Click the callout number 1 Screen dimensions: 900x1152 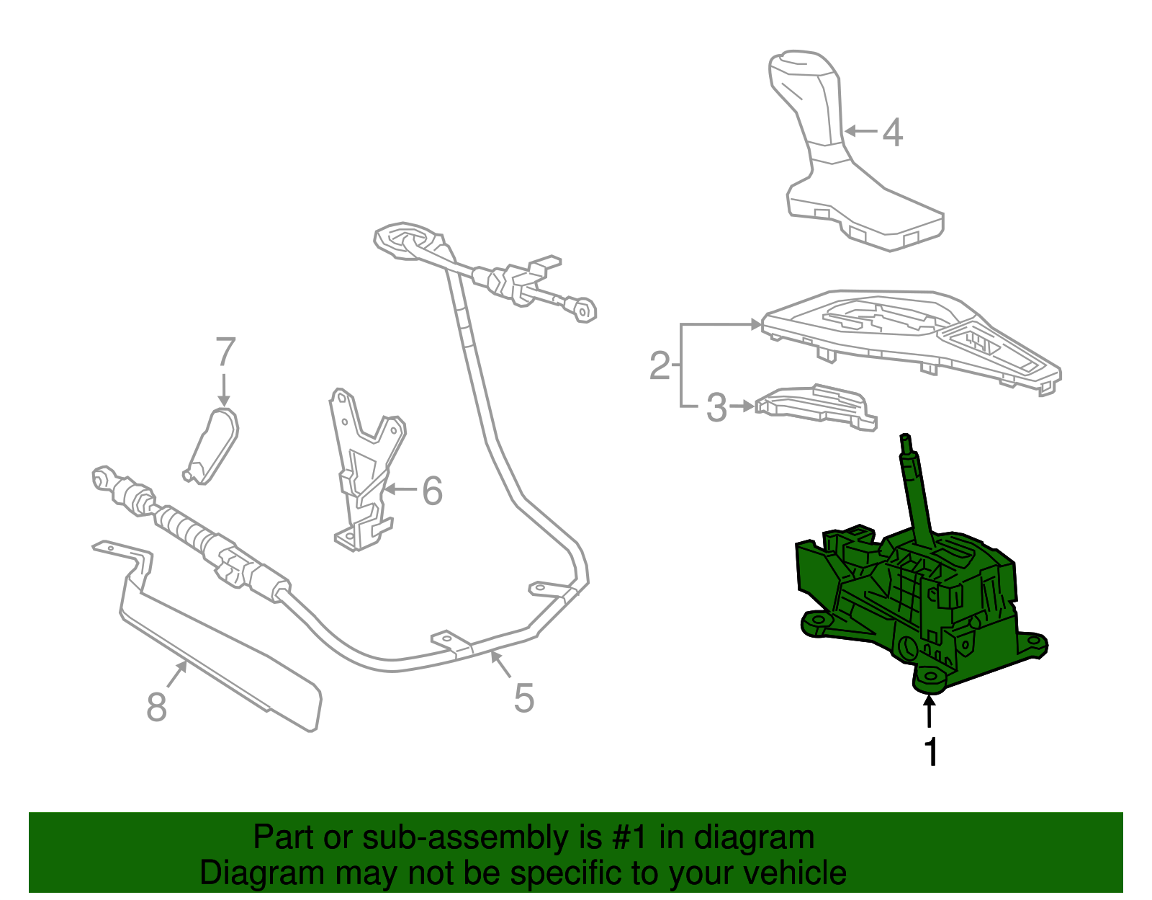pos(931,752)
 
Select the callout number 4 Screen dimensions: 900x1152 pos(892,133)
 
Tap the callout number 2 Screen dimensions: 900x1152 pos(660,365)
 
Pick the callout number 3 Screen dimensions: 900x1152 pos(716,408)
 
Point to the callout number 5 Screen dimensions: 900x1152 pos(523,698)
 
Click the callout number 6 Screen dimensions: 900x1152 pos(431,491)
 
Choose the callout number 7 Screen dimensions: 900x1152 pos(225,353)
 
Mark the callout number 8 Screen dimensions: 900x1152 pos(156,706)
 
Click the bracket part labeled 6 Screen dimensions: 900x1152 pos(364,476)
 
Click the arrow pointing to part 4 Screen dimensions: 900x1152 pos(861,131)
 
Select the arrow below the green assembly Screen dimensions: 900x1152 pos(930,713)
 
